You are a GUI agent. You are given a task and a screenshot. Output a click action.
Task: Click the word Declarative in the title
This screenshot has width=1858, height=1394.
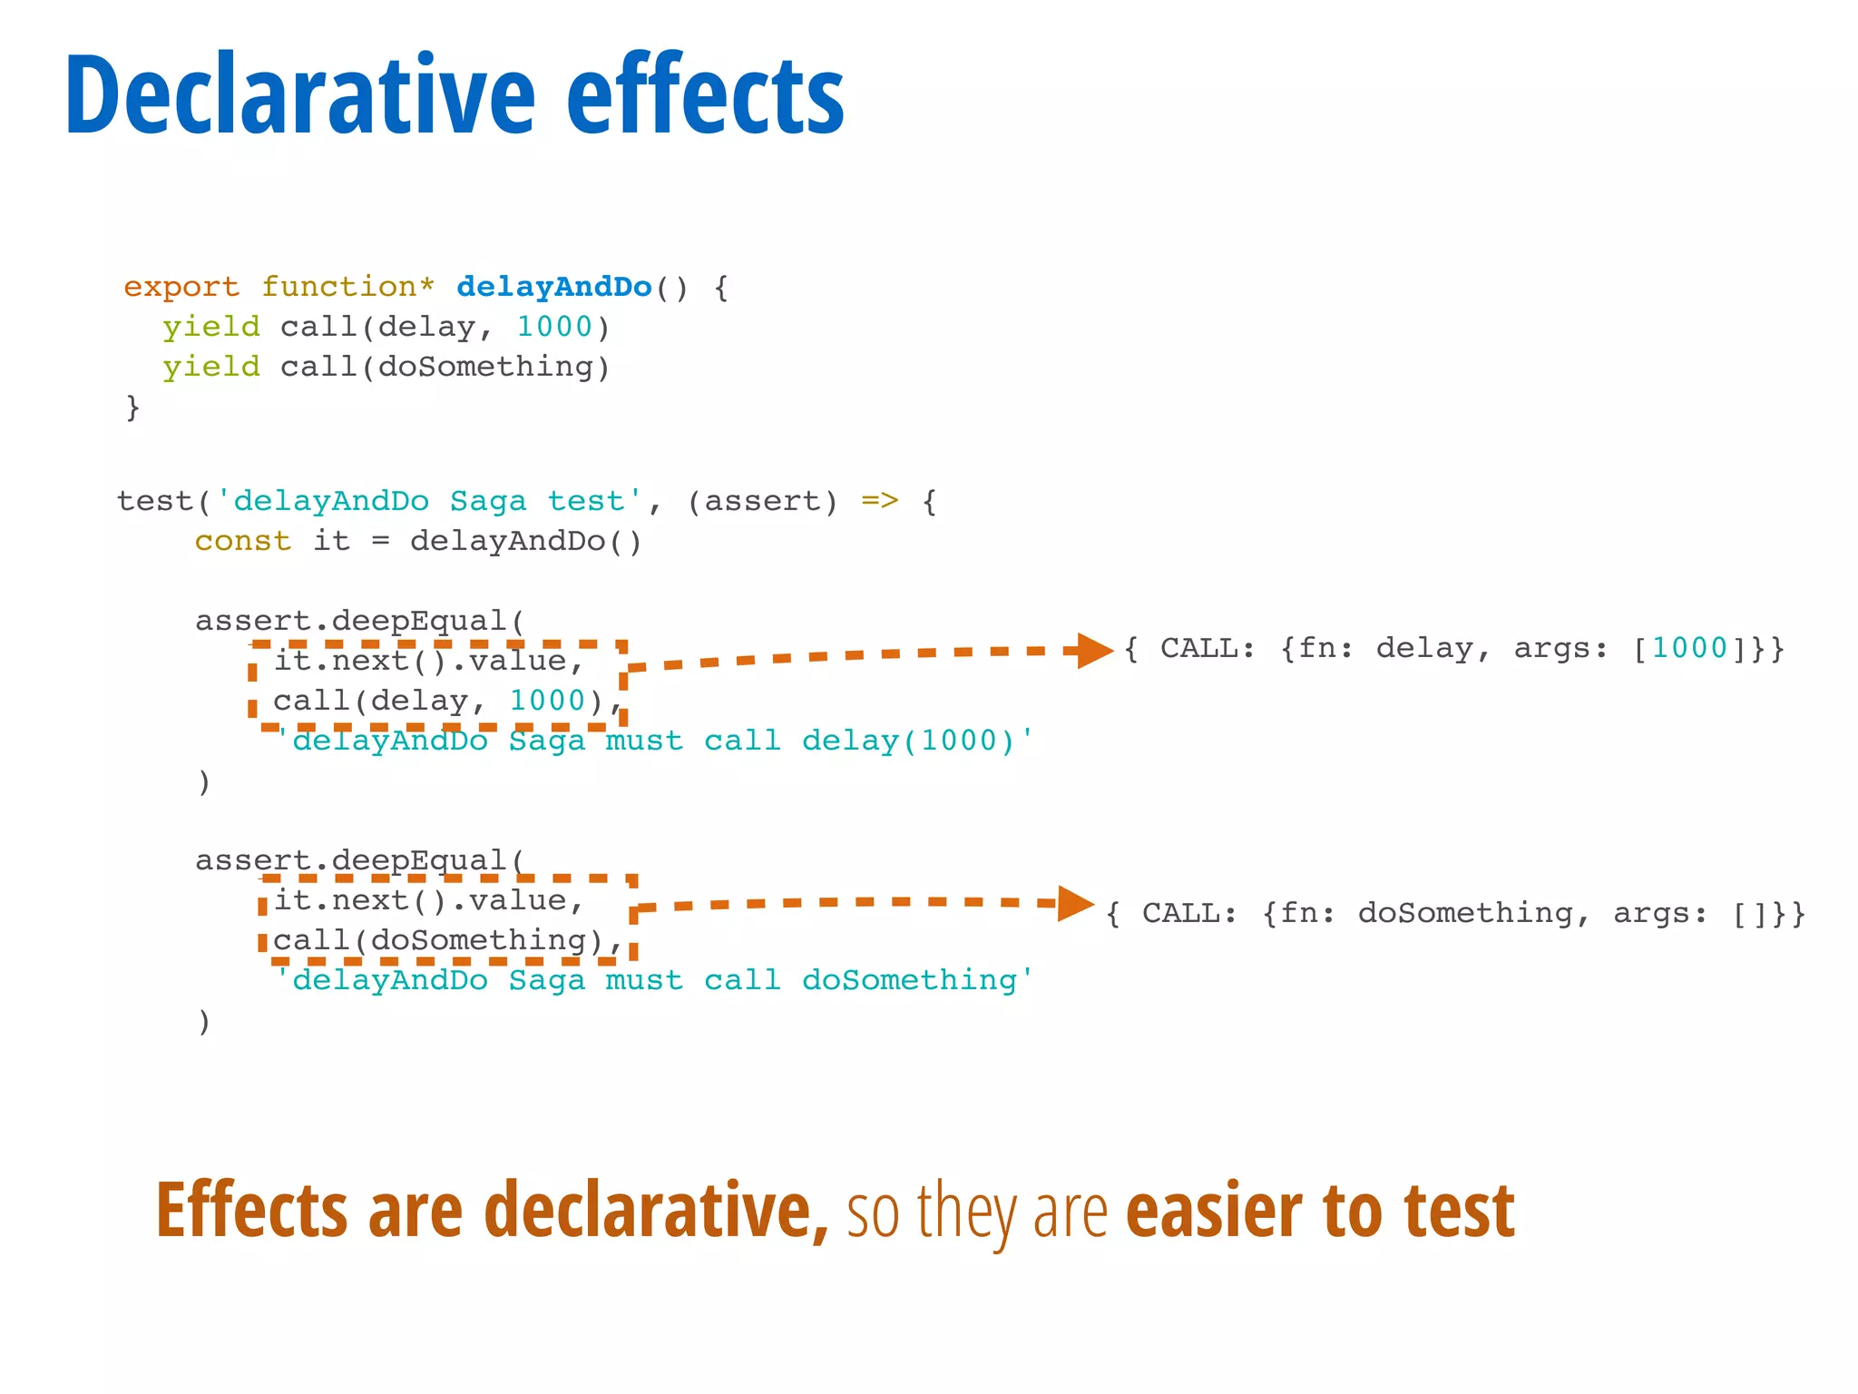tap(299, 95)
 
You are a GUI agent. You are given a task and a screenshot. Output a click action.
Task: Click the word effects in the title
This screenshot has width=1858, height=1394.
tap(705, 95)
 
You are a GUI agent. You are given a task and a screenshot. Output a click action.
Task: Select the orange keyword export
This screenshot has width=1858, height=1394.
tap(181, 287)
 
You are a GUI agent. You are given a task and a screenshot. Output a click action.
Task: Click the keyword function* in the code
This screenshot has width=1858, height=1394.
tap(347, 287)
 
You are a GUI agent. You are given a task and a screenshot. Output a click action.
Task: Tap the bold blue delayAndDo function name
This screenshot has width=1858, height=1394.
tap(553, 287)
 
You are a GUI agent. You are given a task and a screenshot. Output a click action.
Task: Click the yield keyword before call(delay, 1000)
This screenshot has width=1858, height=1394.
tap(211, 328)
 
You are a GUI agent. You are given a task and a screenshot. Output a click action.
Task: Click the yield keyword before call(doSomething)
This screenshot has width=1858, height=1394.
tap(211, 368)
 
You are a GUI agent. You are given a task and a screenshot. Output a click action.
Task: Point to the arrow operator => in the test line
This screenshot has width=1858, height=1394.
tap(879, 501)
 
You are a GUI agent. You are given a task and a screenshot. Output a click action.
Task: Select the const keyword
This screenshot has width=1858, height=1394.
tap(242, 541)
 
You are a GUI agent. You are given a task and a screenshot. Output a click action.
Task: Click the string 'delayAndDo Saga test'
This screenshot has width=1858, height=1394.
tap(428, 501)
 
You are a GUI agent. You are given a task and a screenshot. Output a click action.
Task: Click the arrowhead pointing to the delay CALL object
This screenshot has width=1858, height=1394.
tap(1093, 650)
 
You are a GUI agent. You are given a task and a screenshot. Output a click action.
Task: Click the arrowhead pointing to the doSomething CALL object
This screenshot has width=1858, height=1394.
tap(1075, 903)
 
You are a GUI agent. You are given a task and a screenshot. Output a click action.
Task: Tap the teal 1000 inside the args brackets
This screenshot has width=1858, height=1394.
tap(1689, 648)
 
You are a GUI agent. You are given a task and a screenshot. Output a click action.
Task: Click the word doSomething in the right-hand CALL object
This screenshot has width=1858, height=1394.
tap(1465, 913)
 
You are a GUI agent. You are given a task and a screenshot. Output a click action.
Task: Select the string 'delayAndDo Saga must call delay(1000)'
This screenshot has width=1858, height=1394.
tap(653, 741)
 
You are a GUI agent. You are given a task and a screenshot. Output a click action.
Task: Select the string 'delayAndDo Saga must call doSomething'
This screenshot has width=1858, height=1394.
tap(653, 980)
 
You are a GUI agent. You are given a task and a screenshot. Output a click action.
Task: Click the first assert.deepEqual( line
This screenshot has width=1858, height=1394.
tap(359, 621)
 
